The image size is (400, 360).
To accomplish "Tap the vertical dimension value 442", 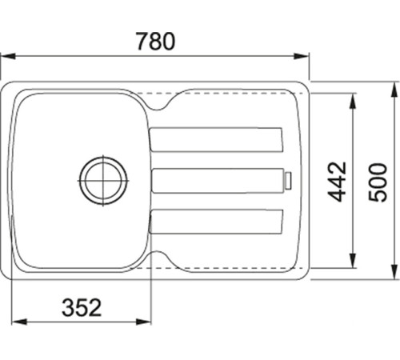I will click(x=338, y=181).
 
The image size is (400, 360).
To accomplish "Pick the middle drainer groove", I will click(x=218, y=180).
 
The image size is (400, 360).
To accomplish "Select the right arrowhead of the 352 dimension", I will click(x=145, y=322).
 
